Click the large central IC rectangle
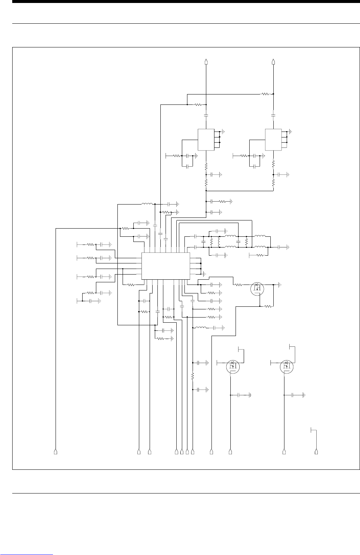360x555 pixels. pos(166,266)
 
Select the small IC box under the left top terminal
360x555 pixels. pos(206,139)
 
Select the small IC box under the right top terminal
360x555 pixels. pos(273,139)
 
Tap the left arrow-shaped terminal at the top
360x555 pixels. pos(206,62)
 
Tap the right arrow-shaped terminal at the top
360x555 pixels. pos(273,62)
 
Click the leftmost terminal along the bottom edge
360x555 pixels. pos(56,451)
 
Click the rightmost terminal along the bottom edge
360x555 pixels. pos(316,451)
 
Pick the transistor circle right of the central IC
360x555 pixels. pos(257,288)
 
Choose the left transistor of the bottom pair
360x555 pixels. pos(233,366)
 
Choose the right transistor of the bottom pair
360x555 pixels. pos(287,366)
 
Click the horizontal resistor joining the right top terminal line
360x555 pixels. pos(266,94)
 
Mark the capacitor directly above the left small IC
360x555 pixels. pos(206,116)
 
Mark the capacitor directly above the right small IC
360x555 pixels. pos(273,116)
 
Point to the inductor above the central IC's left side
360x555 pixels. pos(147,204)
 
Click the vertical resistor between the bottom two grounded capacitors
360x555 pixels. pos(193,376)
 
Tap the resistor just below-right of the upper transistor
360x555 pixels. pos(267,306)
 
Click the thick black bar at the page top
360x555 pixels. pos(180,2)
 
